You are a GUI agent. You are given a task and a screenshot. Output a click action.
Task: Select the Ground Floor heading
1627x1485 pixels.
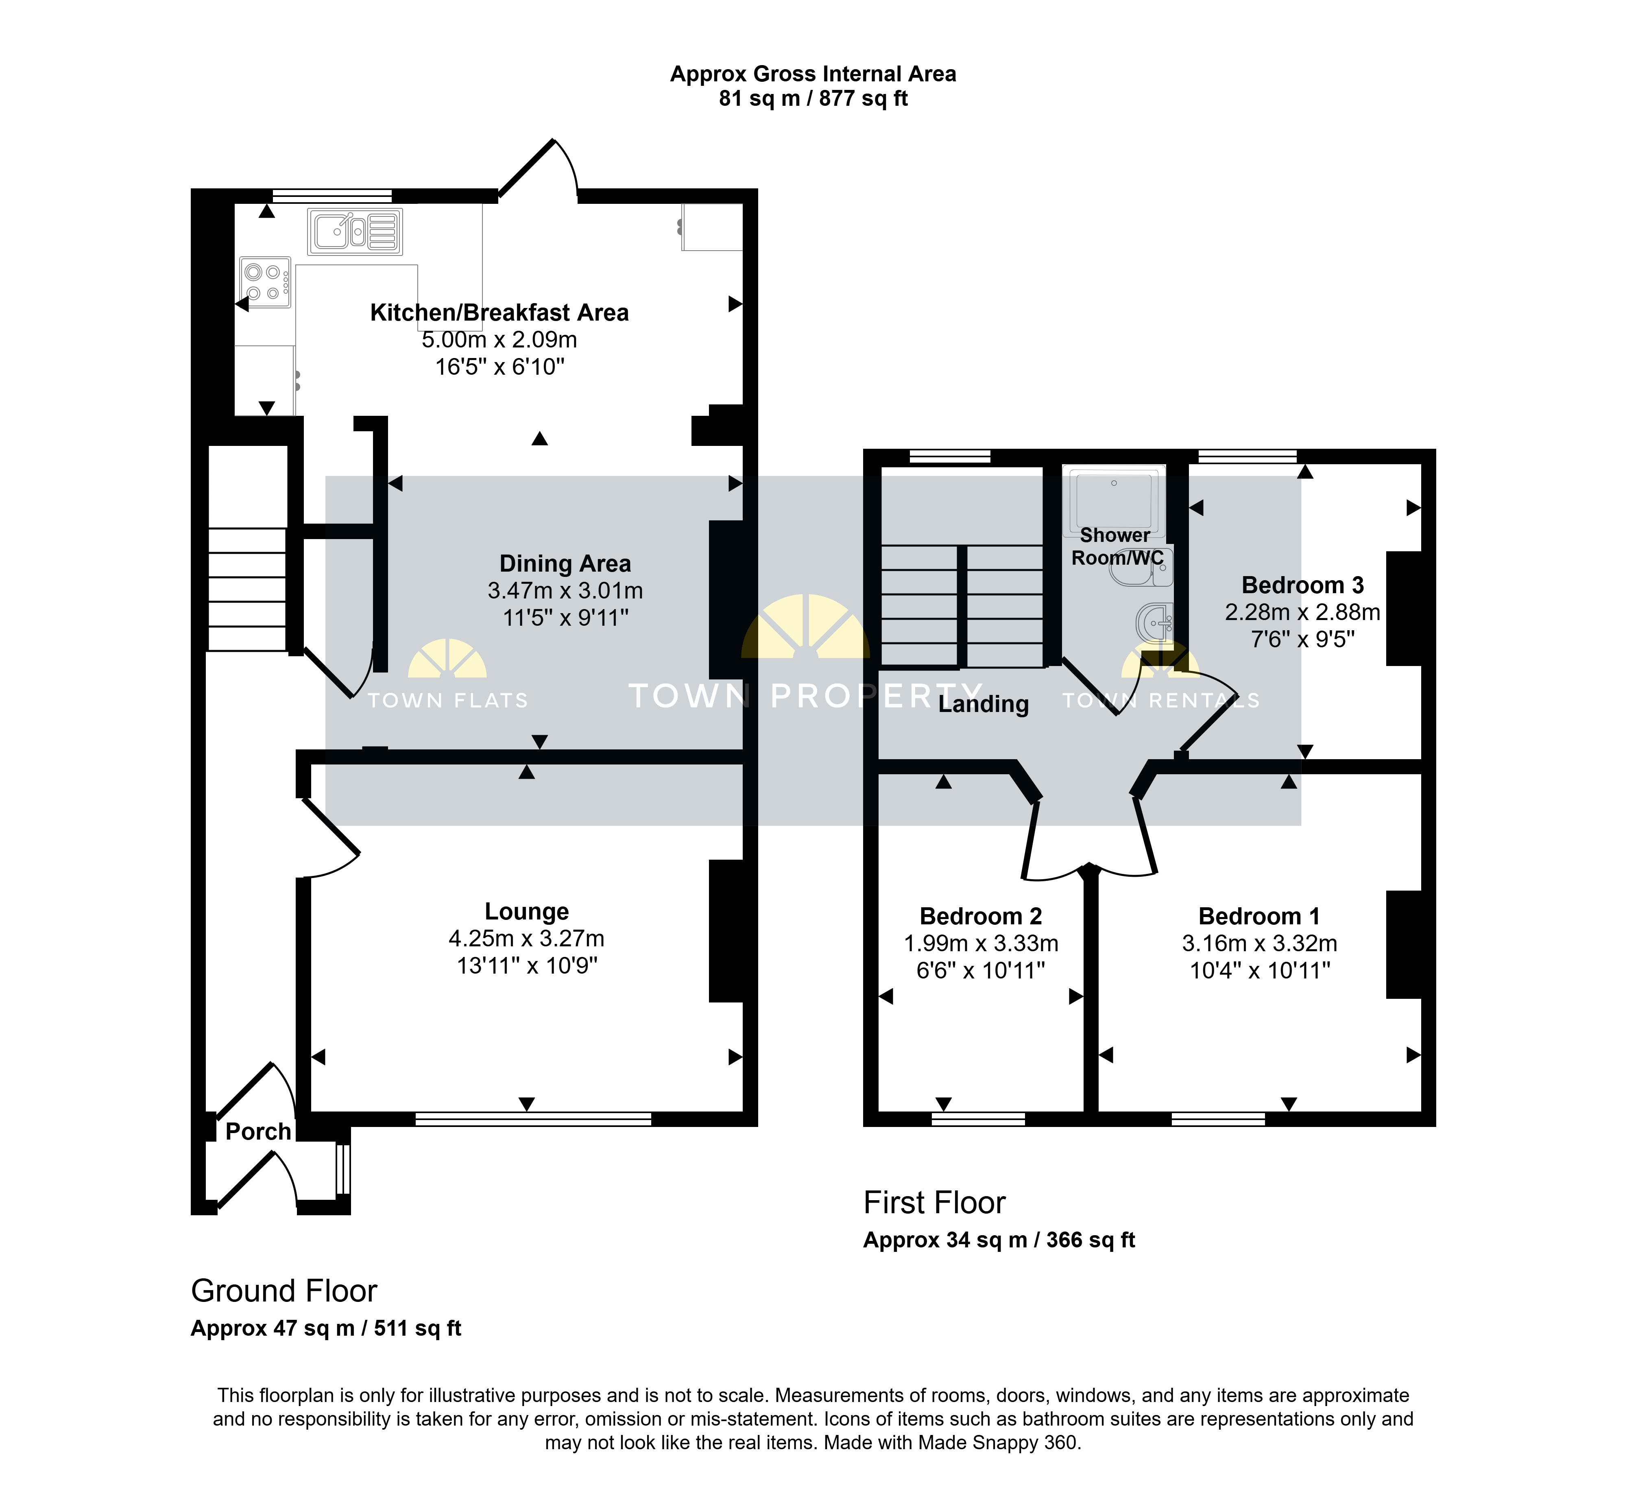coord(284,1291)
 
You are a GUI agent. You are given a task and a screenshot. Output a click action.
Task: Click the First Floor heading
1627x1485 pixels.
coord(935,1203)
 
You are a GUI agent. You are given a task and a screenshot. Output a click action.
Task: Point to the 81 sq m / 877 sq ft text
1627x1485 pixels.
coord(813,98)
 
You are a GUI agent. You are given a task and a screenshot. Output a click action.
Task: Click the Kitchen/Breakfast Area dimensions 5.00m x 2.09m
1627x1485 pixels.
coord(499,340)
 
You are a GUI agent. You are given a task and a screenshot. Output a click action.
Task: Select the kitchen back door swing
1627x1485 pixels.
coord(538,168)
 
